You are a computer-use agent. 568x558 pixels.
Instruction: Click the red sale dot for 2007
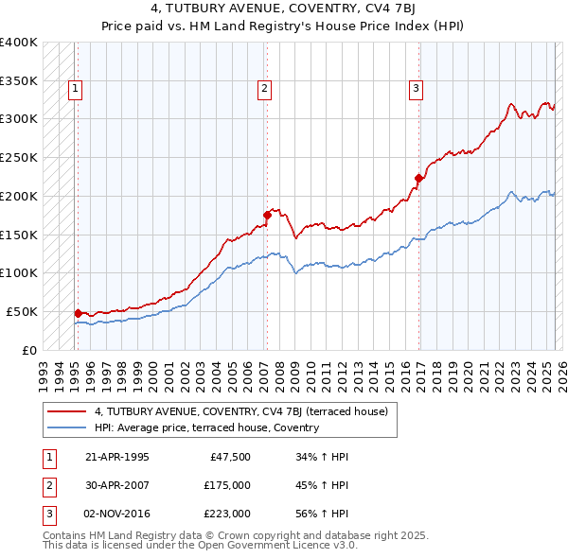(267, 215)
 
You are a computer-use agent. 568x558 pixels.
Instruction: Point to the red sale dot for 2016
(417, 177)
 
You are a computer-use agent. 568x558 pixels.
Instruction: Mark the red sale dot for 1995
(78, 312)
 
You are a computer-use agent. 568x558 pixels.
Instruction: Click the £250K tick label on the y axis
(19, 158)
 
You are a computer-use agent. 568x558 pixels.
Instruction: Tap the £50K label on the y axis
(23, 311)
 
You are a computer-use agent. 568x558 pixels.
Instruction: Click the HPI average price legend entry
(206, 427)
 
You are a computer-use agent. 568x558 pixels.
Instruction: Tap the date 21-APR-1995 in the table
(117, 457)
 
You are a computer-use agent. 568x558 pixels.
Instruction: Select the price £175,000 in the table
(227, 485)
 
